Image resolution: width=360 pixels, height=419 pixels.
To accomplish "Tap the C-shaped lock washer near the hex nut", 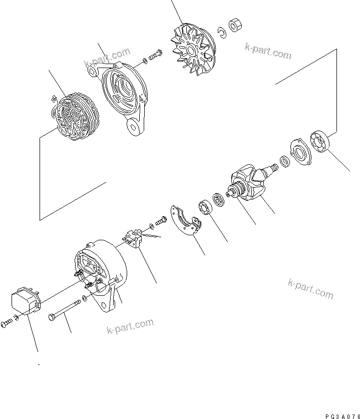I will tap(220, 33).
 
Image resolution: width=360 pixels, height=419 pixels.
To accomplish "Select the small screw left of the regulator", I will tap(6, 324).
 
